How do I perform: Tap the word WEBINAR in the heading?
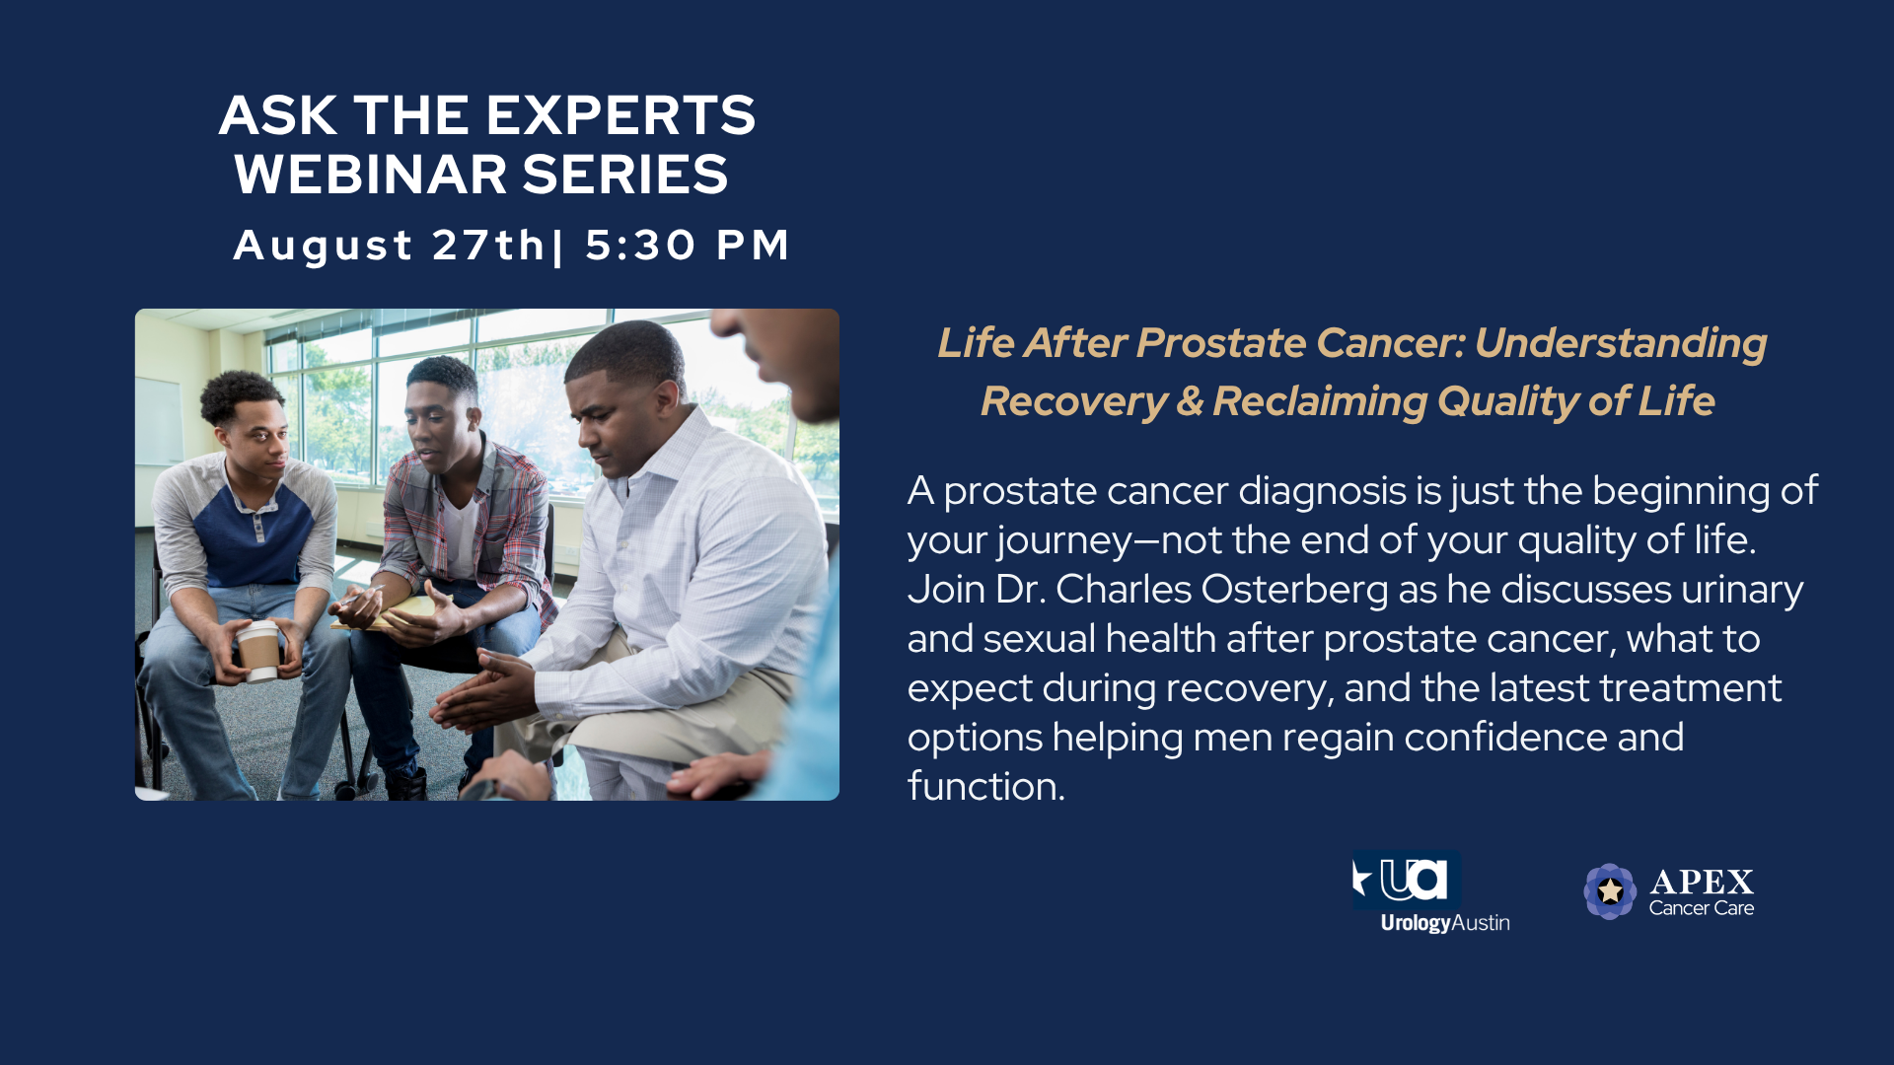coord(371,175)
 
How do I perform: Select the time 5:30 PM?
coord(688,246)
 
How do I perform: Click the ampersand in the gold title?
coord(1190,401)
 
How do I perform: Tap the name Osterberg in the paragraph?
coord(1294,590)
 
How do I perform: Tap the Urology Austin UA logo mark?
coord(1406,880)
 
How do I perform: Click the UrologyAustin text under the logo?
coord(1445,923)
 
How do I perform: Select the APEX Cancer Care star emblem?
coord(1610,891)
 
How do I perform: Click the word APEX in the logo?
coord(1702,882)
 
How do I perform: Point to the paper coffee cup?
coord(258,651)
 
